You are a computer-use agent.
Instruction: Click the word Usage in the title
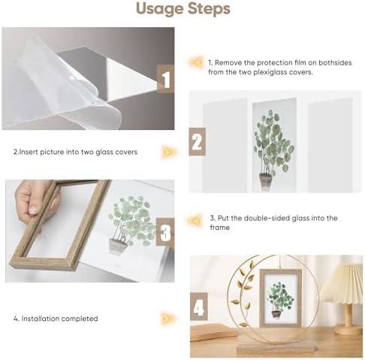click(x=160, y=9)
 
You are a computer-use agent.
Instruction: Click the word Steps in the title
click(x=209, y=9)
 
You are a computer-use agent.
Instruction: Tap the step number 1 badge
click(x=165, y=79)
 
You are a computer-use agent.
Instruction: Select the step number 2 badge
click(x=198, y=141)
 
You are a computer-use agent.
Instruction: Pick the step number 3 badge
click(x=165, y=231)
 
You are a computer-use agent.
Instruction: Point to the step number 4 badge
click(x=199, y=307)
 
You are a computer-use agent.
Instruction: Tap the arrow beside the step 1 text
click(x=196, y=62)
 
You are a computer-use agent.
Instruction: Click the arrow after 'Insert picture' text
click(x=168, y=152)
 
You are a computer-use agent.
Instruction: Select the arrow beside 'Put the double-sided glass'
click(x=195, y=221)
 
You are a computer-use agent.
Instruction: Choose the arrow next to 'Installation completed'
click(x=167, y=318)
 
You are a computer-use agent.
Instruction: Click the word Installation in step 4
click(x=40, y=319)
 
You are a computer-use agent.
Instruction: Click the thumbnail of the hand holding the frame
click(x=90, y=231)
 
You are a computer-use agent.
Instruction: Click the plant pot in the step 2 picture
click(x=265, y=180)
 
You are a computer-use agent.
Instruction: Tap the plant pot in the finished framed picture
click(x=276, y=314)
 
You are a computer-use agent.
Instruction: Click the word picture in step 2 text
click(x=52, y=152)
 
